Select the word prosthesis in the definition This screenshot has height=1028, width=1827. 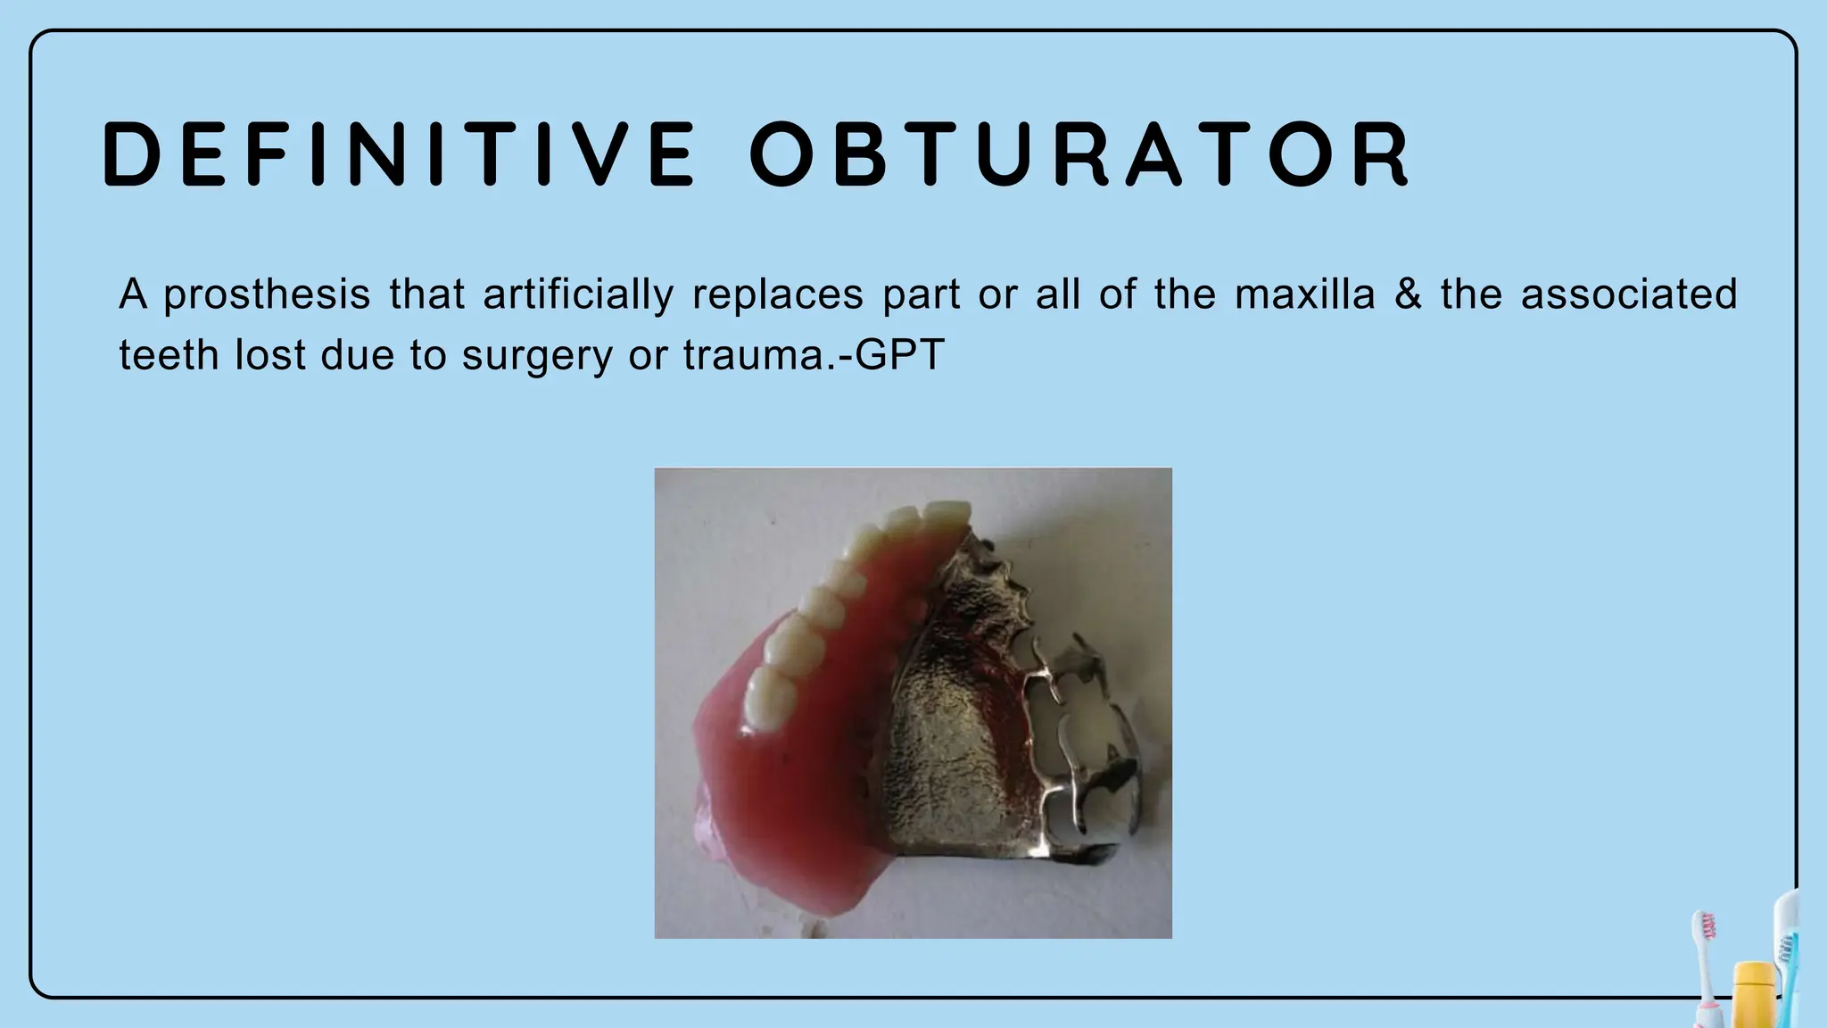(x=267, y=295)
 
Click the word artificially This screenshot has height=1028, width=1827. (x=578, y=295)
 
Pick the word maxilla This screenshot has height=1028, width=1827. (x=1305, y=294)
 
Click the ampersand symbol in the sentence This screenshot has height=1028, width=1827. (x=1408, y=294)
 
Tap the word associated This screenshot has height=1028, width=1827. (x=1629, y=294)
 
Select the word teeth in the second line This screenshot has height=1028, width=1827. (x=168, y=355)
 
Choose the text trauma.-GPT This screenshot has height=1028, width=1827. (x=814, y=355)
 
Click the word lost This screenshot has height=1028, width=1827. (x=267, y=355)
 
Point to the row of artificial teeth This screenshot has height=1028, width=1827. (x=830, y=598)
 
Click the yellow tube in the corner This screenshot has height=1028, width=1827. (x=1753, y=995)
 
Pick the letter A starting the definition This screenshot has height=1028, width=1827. (x=132, y=294)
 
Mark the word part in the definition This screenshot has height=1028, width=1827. (x=921, y=295)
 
